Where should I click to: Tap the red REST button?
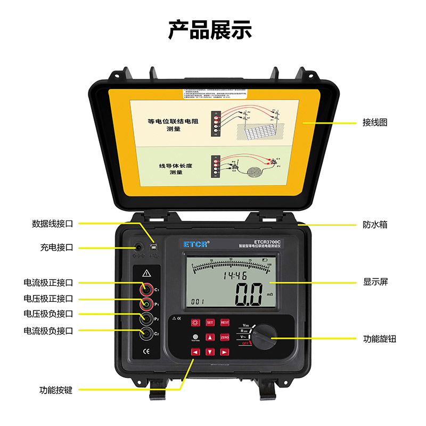click(x=225, y=323)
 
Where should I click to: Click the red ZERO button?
click(x=225, y=337)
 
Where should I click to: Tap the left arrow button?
click(x=195, y=352)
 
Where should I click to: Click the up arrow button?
click(x=210, y=337)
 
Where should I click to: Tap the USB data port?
click(x=154, y=248)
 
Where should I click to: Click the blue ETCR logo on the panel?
click(x=196, y=243)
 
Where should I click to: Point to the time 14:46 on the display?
click(x=234, y=276)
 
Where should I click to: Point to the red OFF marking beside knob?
click(x=246, y=343)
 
